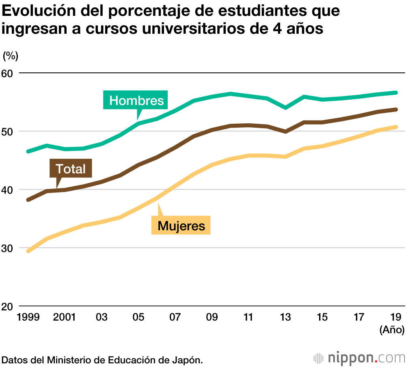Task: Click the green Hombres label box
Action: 136,100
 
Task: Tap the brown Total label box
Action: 71,169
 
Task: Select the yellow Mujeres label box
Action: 181,225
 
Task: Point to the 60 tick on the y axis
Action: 8,73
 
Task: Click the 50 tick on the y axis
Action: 8,131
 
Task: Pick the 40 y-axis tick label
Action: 8,190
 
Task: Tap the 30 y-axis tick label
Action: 8,248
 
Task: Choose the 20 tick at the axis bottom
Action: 8,306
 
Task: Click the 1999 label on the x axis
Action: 28,317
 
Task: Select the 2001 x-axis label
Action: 65,317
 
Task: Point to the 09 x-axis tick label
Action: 212,317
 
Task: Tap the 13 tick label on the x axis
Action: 285,317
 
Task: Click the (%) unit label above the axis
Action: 11,56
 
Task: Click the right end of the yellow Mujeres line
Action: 396,127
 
